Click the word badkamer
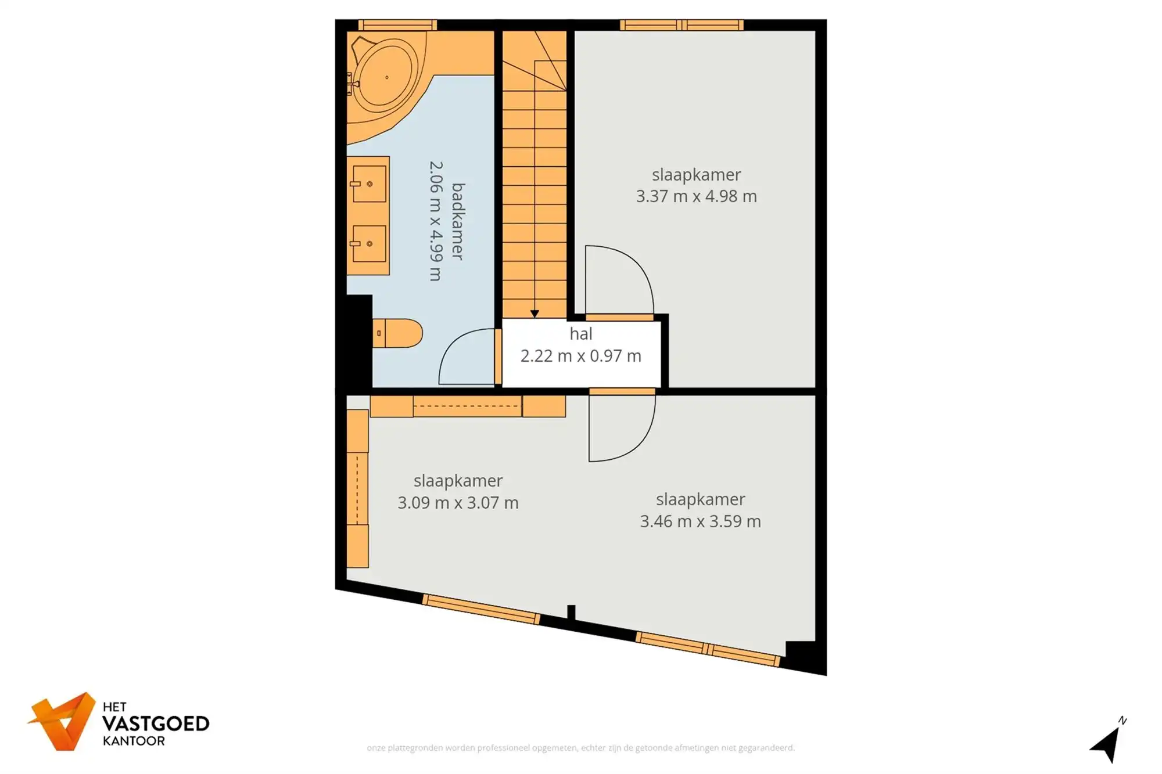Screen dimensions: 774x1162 (458, 221)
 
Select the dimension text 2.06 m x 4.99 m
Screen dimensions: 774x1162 (436, 221)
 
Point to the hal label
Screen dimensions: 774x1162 (581, 334)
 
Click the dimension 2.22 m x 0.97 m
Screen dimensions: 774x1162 (581, 356)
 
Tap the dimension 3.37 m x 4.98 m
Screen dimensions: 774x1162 (696, 196)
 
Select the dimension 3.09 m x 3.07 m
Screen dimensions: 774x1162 (458, 503)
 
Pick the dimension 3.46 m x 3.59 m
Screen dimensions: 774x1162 (700, 521)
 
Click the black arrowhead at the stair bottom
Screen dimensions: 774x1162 (535, 314)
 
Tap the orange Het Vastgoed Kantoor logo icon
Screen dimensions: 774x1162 (63, 722)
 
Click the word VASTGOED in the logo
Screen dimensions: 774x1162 (156, 724)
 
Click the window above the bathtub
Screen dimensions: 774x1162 (397, 25)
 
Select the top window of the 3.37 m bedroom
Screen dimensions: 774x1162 (682, 25)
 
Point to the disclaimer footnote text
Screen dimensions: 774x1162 (580, 748)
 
